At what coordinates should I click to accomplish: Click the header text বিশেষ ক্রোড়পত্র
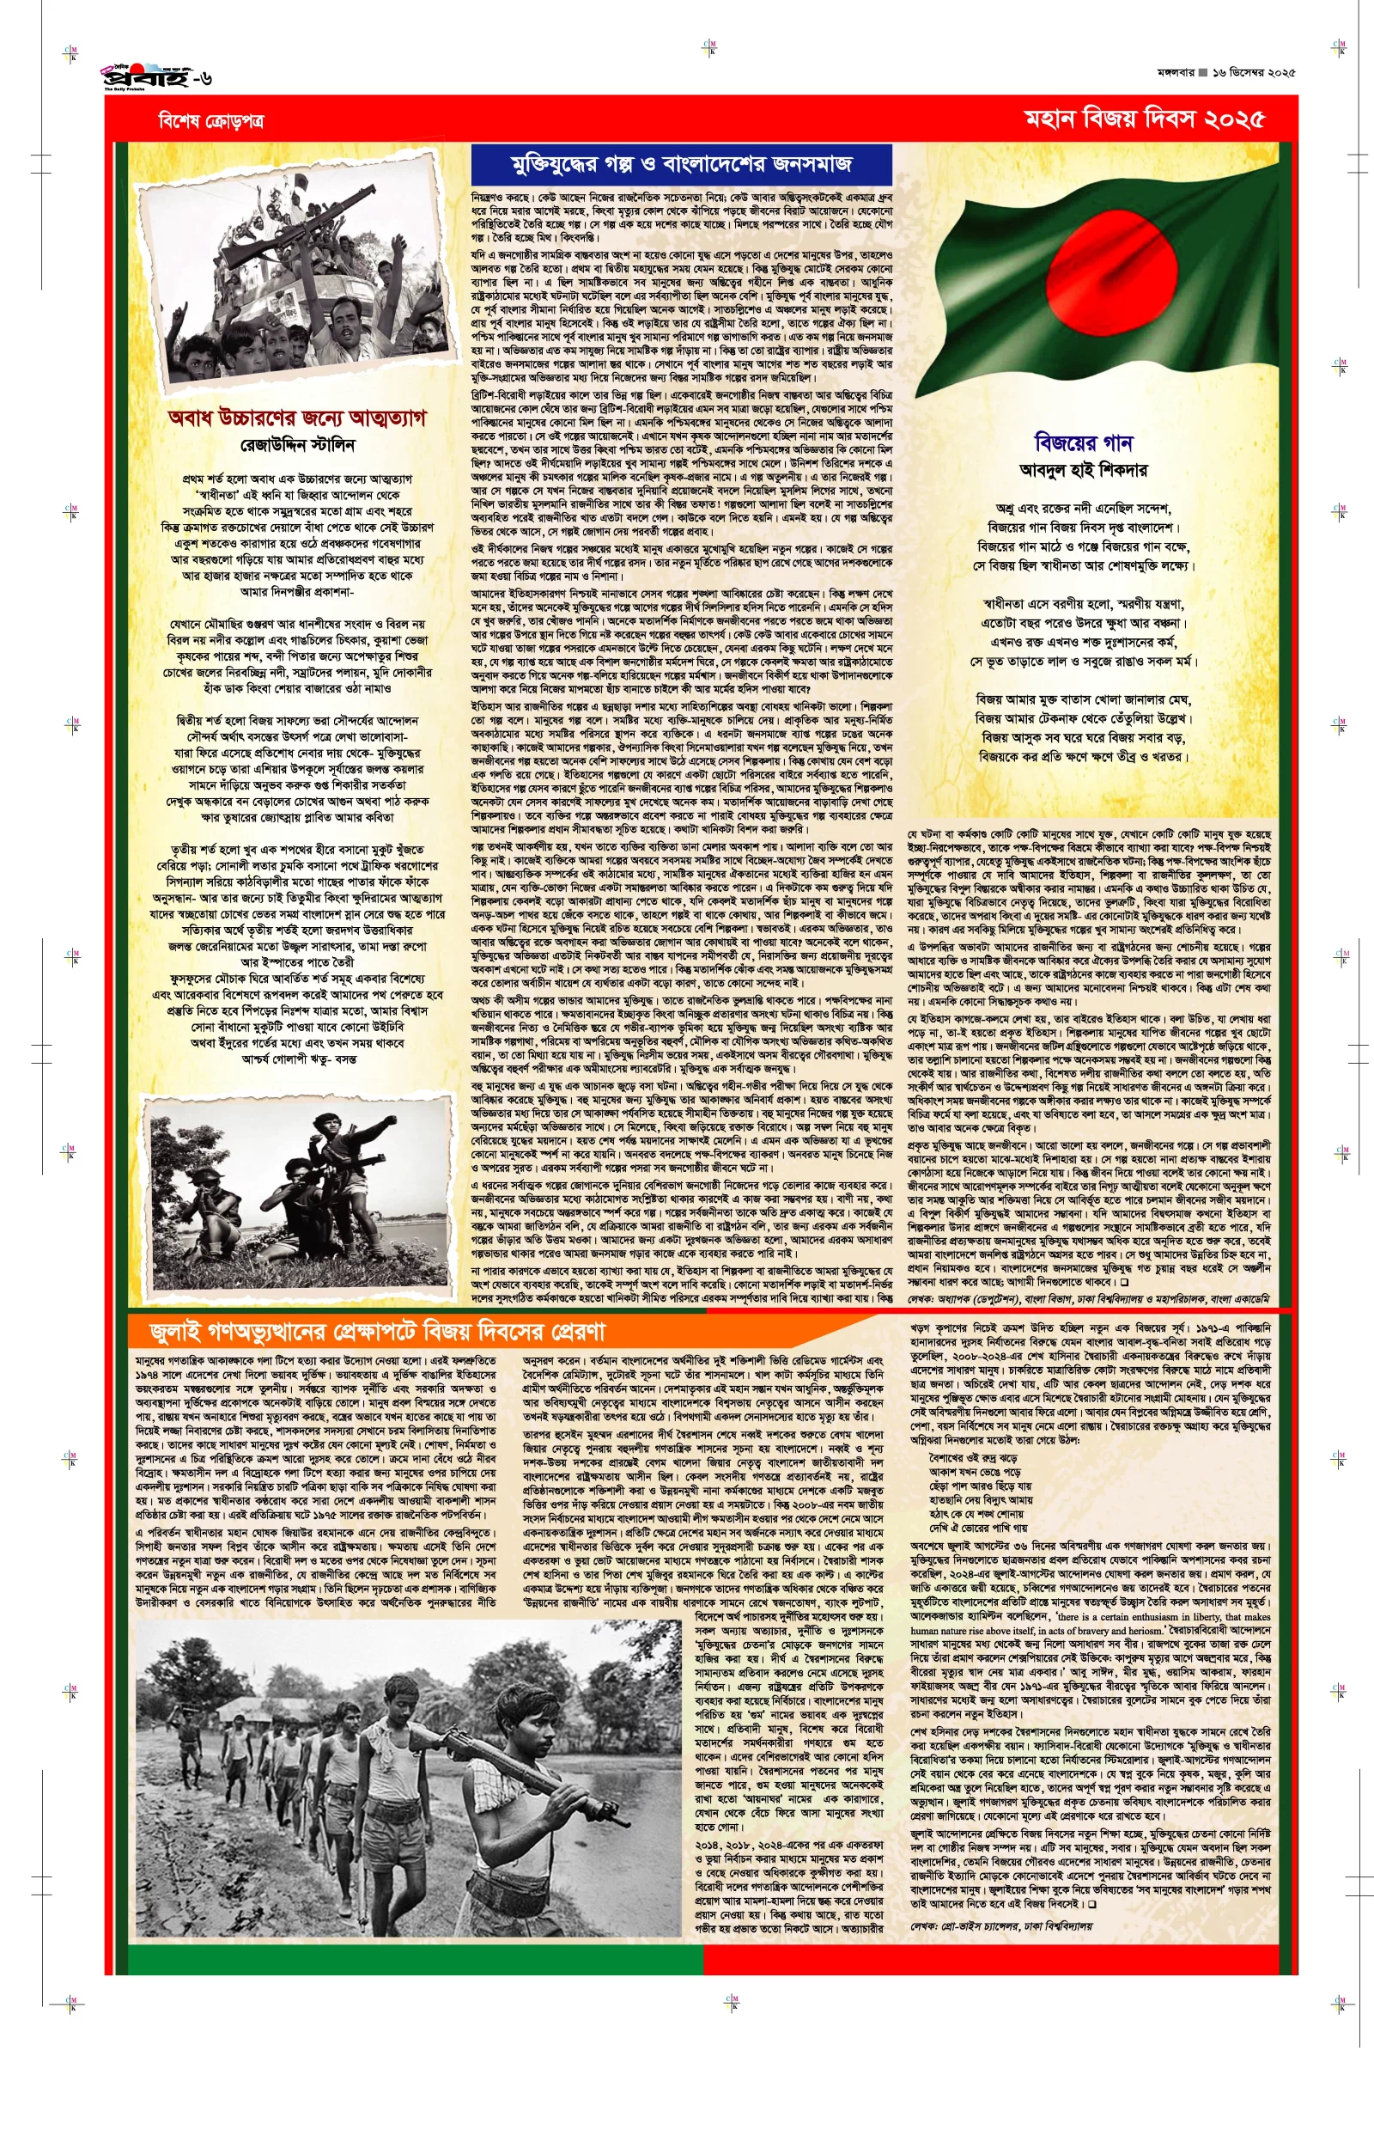(210, 120)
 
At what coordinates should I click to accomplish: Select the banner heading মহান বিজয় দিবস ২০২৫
(1143, 119)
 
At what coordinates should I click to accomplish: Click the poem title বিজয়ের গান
(1082, 442)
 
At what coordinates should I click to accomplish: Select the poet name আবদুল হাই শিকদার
(1083, 469)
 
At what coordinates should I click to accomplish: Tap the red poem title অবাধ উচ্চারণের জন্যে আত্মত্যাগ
(297, 418)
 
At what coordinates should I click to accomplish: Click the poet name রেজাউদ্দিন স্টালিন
(298, 444)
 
